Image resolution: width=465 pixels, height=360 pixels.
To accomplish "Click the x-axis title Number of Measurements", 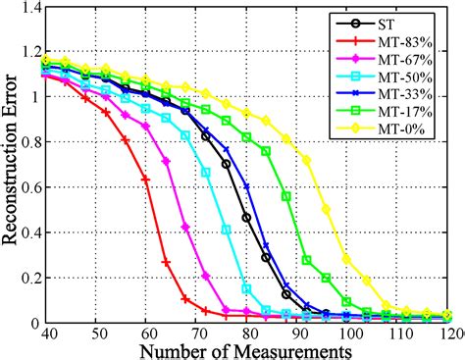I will (244, 348).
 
